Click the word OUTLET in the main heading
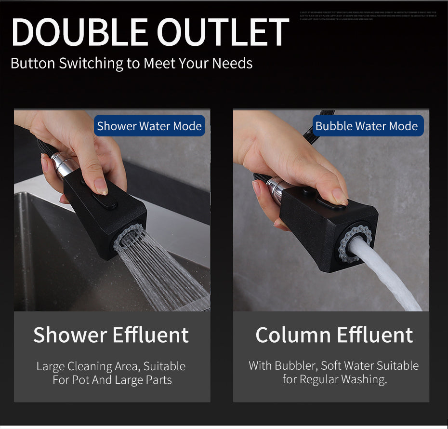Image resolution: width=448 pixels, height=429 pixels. click(x=223, y=33)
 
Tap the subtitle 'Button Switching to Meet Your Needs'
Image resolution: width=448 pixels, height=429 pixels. click(x=132, y=63)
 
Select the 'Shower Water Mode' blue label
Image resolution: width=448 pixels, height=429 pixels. click(x=149, y=126)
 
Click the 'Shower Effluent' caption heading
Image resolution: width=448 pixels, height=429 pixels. click(x=111, y=335)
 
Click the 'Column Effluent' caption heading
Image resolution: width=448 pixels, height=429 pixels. click(x=334, y=335)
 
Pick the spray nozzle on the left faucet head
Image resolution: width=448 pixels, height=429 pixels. click(x=129, y=237)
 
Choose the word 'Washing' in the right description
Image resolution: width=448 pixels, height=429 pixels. click(x=363, y=380)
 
